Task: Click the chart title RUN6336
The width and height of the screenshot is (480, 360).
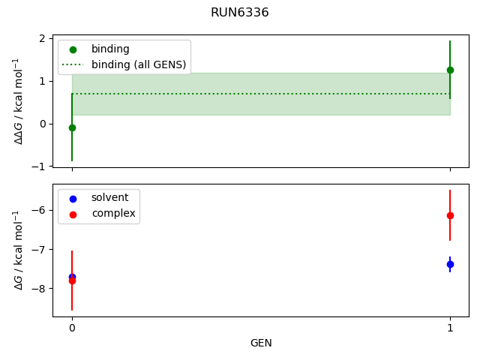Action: (239, 13)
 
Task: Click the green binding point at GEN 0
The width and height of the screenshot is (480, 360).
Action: (72, 127)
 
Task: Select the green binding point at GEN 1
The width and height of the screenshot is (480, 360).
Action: (450, 70)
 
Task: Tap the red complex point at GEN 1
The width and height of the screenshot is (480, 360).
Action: (450, 215)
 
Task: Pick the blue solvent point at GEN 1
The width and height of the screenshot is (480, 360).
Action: (450, 264)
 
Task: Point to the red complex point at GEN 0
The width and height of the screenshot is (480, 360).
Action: (72, 280)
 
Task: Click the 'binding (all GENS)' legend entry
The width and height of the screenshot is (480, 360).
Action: (138, 64)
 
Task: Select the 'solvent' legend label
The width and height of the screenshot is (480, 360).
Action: (109, 198)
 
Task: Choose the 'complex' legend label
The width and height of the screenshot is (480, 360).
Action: (113, 214)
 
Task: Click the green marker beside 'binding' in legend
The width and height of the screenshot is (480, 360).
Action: (73, 49)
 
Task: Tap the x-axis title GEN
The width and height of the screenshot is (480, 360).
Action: (261, 343)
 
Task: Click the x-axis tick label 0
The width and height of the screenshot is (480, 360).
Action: (72, 328)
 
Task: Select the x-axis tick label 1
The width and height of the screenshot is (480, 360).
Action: (450, 328)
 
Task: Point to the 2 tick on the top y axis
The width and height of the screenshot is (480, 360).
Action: (43, 38)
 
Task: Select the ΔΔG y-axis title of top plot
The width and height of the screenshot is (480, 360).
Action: (18, 100)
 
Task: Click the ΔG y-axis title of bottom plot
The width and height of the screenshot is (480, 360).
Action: (18, 250)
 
